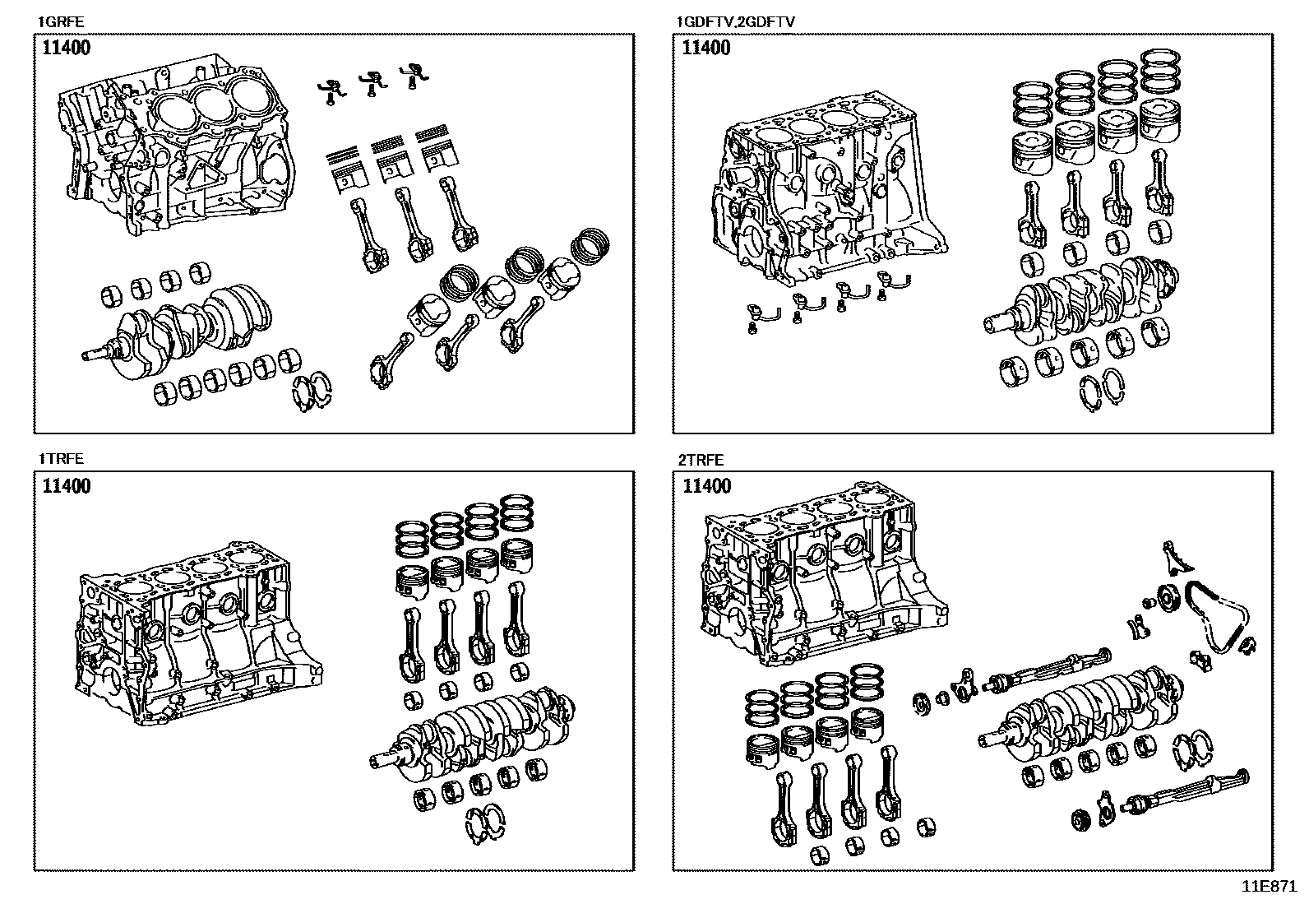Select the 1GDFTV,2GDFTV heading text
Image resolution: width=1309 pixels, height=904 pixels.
[735, 22]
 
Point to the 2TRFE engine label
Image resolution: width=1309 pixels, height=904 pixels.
[701, 460]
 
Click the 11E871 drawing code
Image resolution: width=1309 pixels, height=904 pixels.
[1269, 887]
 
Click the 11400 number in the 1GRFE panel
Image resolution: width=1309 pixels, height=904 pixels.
[67, 48]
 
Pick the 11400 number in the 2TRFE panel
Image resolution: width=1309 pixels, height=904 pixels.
[706, 486]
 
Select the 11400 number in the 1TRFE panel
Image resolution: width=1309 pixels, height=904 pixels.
[67, 486]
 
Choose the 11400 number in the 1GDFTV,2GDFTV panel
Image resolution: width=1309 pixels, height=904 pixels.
[706, 48]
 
